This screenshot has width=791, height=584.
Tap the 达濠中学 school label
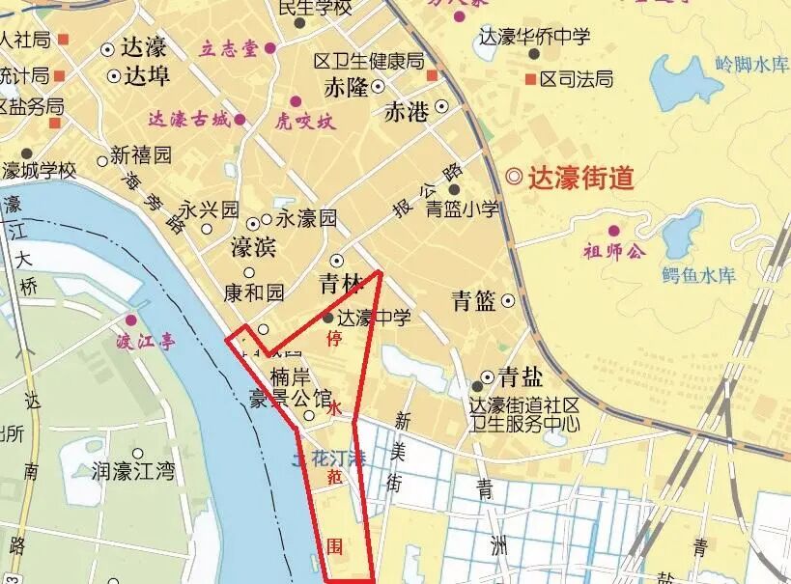pos(375,317)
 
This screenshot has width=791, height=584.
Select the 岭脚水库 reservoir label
pos(751,66)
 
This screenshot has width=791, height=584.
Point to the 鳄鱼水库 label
pos(699,275)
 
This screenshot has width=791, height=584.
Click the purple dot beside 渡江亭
pos(131,320)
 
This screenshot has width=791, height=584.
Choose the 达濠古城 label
pos(189,121)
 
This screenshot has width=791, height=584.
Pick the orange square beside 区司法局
pos(530,78)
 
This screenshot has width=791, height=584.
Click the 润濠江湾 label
pos(134,471)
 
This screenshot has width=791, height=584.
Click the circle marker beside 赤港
pos(441,106)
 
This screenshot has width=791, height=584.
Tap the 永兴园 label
pos(209,209)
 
